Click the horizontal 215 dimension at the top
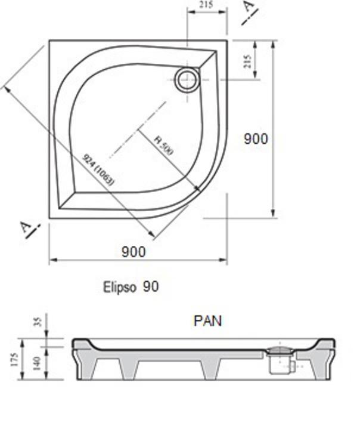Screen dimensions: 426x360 [x=207, y=6]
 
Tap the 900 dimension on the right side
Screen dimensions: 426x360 [x=256, y=138]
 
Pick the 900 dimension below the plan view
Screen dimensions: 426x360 [x=134, y=252]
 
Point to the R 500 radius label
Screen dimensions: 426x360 [x=163, y=146]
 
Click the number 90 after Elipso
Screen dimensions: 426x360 [x=151, y=287]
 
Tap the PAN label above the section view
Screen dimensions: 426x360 [x=207, y=320]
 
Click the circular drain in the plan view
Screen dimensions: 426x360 [x=187, y=79]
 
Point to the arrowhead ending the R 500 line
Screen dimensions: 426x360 [x=198, y=190]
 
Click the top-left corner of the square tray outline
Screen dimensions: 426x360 [x=49, y=41]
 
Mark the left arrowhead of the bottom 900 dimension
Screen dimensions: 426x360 [x=52, y=261]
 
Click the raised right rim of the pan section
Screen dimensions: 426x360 [x=326, y=344]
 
